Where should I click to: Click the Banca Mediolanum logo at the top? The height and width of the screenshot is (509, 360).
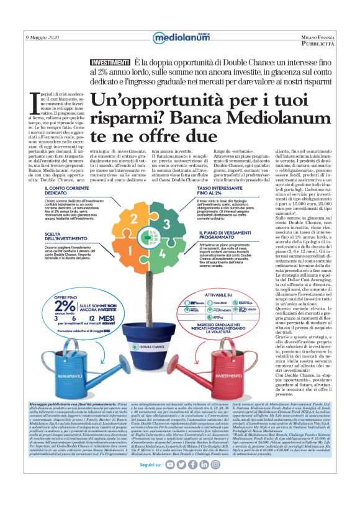(x=180, y=38)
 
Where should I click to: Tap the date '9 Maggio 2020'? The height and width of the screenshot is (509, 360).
(x=43, y=37)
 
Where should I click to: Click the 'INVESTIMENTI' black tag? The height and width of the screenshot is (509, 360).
(x=110, y=63)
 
